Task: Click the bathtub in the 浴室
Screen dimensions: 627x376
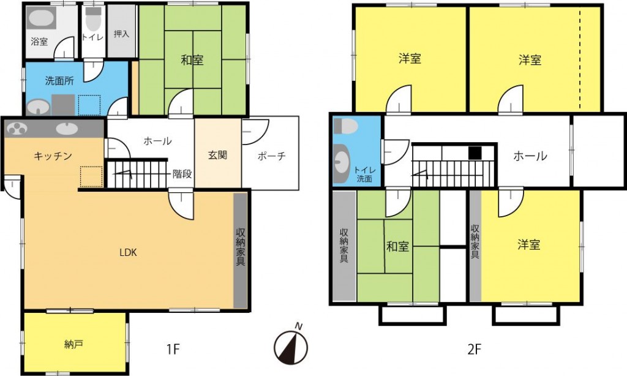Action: (41, 18)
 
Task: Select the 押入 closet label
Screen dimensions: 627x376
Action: (122, 34)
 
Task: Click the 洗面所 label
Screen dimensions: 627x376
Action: (59, 81)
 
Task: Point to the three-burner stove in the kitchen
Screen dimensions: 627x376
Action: (16, 129)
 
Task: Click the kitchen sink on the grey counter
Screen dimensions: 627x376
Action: (67, 129)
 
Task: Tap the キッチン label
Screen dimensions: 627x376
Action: (53, 156)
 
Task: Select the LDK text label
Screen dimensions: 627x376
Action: (129, 252)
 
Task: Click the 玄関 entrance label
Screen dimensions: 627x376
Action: (218, 155)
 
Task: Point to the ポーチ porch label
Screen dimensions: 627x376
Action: (271, 156)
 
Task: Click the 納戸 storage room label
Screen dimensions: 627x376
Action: (73, 344)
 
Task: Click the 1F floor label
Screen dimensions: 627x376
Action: (173, 350)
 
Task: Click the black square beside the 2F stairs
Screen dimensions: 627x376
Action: (475, 153)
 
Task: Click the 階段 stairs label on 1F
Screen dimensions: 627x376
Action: (182, 174)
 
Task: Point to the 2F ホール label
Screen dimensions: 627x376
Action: (530, 156)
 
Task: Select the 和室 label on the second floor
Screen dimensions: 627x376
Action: (397, 246)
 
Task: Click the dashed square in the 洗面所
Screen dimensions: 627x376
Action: (89, 105)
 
